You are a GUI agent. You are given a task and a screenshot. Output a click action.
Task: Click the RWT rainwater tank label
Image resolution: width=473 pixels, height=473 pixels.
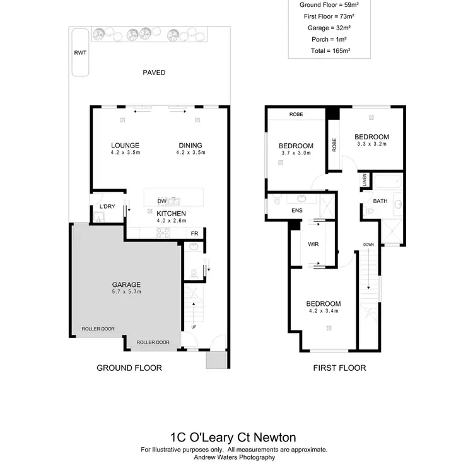[x=79, y=54]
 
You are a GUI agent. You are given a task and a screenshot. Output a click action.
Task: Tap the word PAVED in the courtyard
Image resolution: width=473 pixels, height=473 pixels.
[x=154, y=73]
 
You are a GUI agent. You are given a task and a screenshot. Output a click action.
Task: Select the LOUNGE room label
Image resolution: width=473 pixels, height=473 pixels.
[x=124, y=145]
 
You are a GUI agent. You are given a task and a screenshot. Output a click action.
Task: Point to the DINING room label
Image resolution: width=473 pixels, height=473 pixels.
[x=190, y=145]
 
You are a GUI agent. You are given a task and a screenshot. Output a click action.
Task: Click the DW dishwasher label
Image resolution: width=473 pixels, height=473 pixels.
[x=161, y=201]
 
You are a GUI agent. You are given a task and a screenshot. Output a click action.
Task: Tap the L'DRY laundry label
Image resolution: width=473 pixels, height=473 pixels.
[x=107, y=207]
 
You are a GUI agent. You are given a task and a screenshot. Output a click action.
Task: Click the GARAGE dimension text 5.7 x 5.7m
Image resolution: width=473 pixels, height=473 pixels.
[x=126, y=292]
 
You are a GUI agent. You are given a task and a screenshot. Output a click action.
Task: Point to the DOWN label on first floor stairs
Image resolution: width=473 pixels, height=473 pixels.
[x=369, y=244]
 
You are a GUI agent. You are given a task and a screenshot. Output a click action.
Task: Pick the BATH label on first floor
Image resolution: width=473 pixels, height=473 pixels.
[x=380, y=202]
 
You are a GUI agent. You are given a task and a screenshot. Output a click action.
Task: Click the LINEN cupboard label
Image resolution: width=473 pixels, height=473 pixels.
[x=365, y=180]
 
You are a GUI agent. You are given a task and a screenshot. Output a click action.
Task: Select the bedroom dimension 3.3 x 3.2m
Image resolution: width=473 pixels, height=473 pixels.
[x=371, y=144]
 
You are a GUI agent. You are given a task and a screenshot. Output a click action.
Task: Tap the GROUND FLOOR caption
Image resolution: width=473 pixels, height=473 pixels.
[x=129, y=368]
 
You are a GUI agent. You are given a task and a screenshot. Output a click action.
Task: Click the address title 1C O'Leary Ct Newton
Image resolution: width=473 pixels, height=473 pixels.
[x=233, y=437]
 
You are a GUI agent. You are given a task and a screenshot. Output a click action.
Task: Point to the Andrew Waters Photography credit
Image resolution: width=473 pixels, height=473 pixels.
[x=233, y=457]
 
